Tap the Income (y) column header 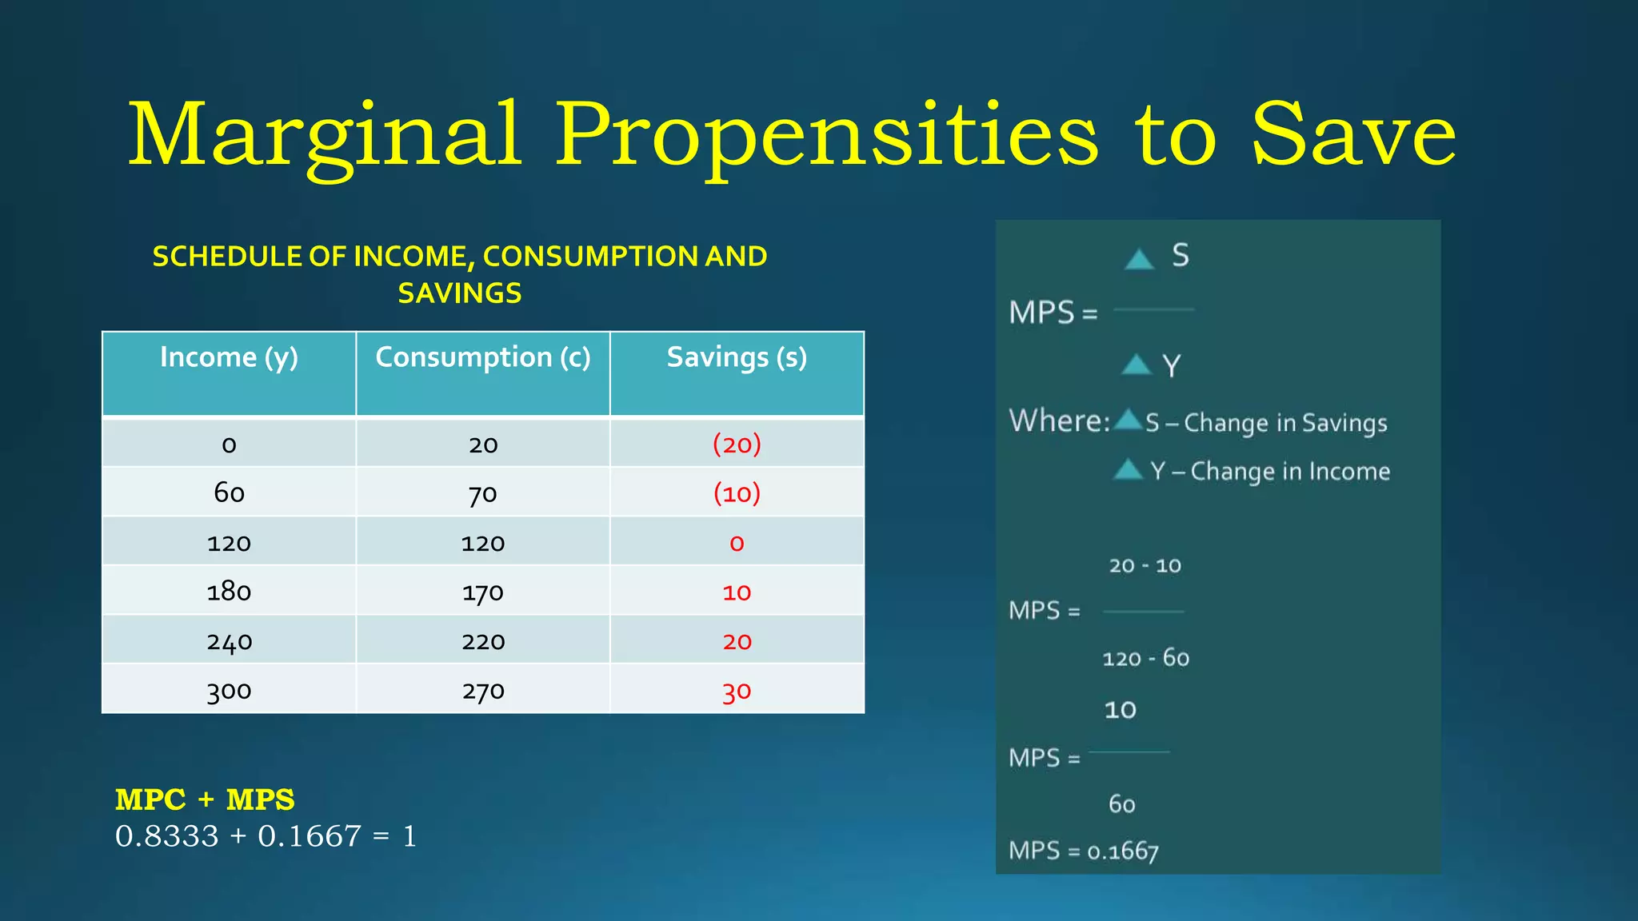point(229,357)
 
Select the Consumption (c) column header point(483,357)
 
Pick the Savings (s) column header point(737,357)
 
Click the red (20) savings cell point(737,444)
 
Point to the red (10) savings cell point(737,493)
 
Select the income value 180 point(229,592)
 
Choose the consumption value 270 point(483,691)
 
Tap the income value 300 point(229,691)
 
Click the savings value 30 point(737,691)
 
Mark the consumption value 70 point(483,493)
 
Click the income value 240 point(229,642)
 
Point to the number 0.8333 point(166,836)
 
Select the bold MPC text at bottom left point(150,799)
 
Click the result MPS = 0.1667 point(1083,851)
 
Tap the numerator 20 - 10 point(1145,566)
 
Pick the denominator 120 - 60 point(1145,659)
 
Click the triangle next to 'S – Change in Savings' point(1128,419)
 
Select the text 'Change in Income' point(1290,472)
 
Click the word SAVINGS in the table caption point(460,293)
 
